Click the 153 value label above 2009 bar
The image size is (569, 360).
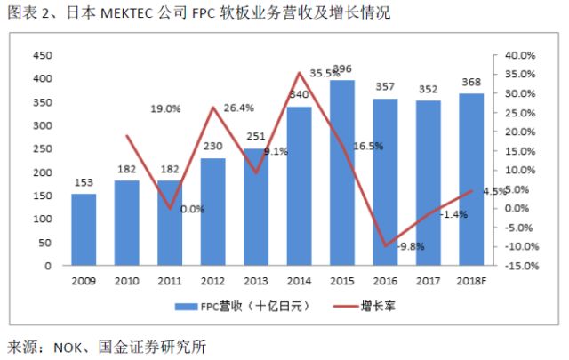pos(84,183)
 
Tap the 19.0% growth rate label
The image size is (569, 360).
pos(164,108)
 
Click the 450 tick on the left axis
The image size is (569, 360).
pos(41,55)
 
